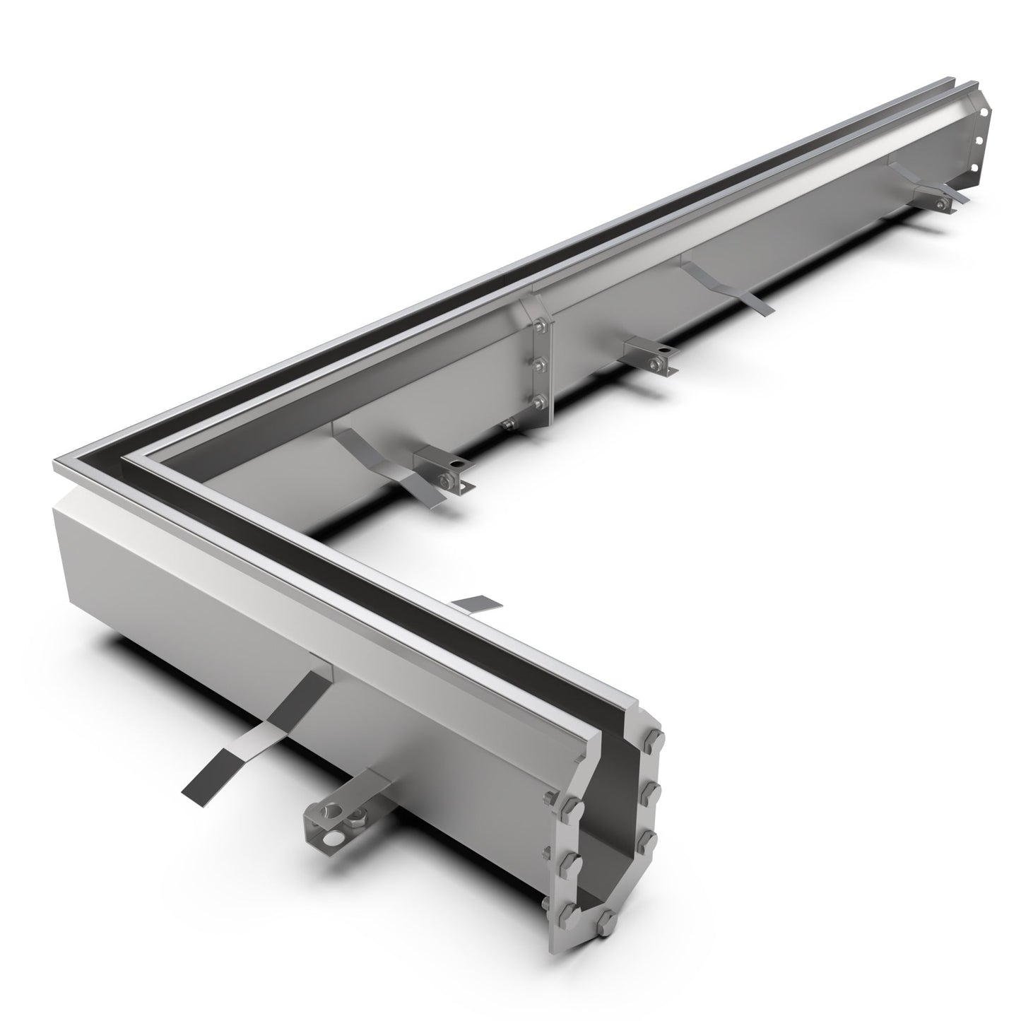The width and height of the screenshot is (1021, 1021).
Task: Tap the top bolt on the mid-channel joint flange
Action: point(541,326)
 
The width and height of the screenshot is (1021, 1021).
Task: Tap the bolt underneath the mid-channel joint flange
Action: point(508,424)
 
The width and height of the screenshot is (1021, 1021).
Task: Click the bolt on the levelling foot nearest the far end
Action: point(941,205)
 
